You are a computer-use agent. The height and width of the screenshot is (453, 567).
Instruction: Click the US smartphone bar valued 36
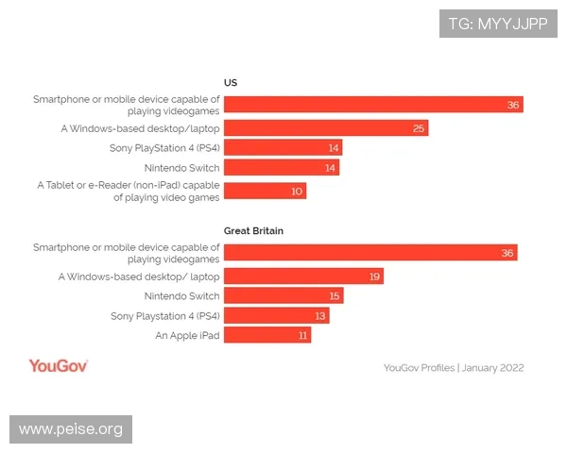[373, 104]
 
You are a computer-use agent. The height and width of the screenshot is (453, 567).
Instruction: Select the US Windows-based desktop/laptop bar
[326, 127]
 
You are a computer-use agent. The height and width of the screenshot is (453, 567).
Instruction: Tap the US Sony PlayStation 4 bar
[283, 147]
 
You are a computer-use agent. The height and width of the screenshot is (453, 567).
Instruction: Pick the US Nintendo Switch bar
[282, 167]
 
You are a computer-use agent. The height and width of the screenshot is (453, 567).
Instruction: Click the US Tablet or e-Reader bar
[265, 191]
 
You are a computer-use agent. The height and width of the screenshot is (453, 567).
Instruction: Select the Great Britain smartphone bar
[370, 252]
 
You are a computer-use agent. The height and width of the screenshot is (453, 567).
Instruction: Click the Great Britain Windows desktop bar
[303, 277]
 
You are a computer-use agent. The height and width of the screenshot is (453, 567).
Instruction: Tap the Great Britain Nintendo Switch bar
[283, 295]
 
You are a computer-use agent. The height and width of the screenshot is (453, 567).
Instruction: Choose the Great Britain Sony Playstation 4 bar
[276, 315]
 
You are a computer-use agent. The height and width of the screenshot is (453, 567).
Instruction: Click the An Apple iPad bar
[266, 335]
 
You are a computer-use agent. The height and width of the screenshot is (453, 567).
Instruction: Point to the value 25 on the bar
[419, 127]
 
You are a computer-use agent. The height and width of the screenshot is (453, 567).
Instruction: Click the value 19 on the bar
[374, 277]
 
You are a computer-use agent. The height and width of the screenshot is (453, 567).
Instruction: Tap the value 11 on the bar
[302, 335]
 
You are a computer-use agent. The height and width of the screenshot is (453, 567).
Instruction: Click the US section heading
[230, 81]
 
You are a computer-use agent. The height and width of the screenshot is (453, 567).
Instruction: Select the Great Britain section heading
[253, 229]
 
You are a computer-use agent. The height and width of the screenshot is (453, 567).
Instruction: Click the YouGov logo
[59, 366]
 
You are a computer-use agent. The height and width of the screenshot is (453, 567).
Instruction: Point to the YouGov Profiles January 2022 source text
[454, 367]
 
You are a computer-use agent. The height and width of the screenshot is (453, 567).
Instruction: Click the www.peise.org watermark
[72, 429]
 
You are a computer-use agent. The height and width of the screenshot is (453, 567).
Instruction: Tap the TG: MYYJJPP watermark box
[498, 23]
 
